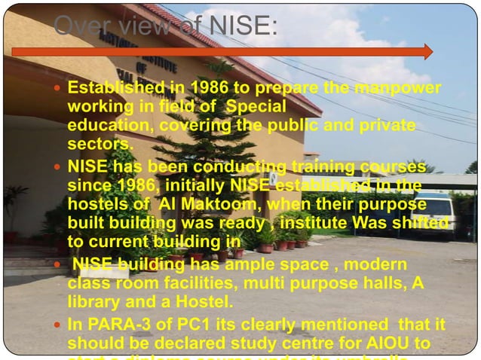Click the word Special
pyautogui.click(x=256, y=107)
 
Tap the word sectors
pyautogui.click(x=99, y=143)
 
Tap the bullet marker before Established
pyautogui.click(x=58, y=89)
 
